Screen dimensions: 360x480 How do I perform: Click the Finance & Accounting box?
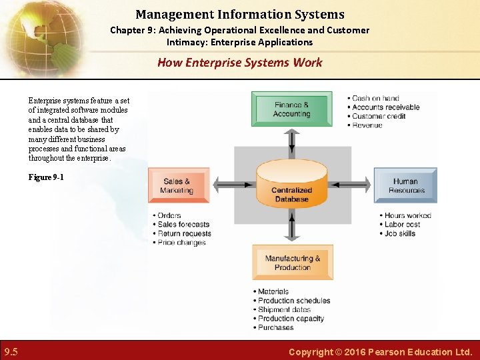point(291,109)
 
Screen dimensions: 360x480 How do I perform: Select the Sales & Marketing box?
point(177,185)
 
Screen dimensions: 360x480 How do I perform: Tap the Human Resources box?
point(405,185)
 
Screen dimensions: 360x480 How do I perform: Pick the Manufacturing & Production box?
point(292,263)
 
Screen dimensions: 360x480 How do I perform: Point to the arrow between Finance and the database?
point(291,141)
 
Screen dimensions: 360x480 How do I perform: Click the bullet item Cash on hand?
point(376,98)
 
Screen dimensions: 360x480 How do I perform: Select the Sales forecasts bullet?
point(183,225)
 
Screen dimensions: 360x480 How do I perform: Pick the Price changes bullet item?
point(181,243)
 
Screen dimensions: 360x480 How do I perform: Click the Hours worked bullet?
point(407,215)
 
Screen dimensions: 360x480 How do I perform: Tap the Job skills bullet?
point(400,233)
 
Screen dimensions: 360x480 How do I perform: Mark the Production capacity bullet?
point(291,319)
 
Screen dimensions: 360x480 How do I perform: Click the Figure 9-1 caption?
point(46,177)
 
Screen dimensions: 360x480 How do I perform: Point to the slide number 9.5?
point(11,351)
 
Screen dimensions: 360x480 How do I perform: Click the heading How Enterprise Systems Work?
point(239,63)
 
